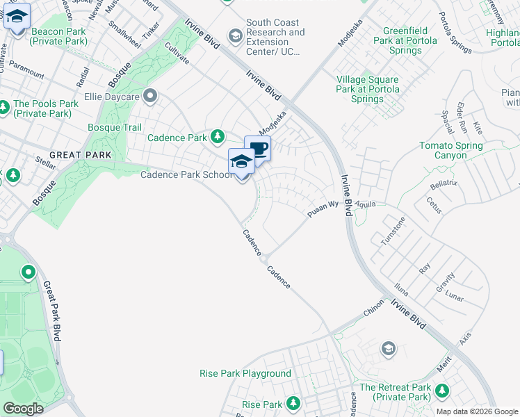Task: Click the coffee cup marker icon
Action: pyautogui.click(x=257, y=148)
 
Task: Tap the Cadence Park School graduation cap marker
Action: pyautogui.click(x=241, y=161)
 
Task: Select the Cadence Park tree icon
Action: pyautogui.click(x=218, y=136)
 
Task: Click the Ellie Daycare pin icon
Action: pyautogui.click(x=149, y=96)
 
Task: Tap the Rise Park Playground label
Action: pyautogui.click(x=245, y=373)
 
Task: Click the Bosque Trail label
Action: pyautogui.click(x=115, y=127)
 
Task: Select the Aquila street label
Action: pyautogui.click(x=365, y=204)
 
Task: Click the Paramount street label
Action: pyautogui.click(x=27, y=69)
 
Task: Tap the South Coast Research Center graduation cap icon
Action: pyautogui.click(x=236, y=35)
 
